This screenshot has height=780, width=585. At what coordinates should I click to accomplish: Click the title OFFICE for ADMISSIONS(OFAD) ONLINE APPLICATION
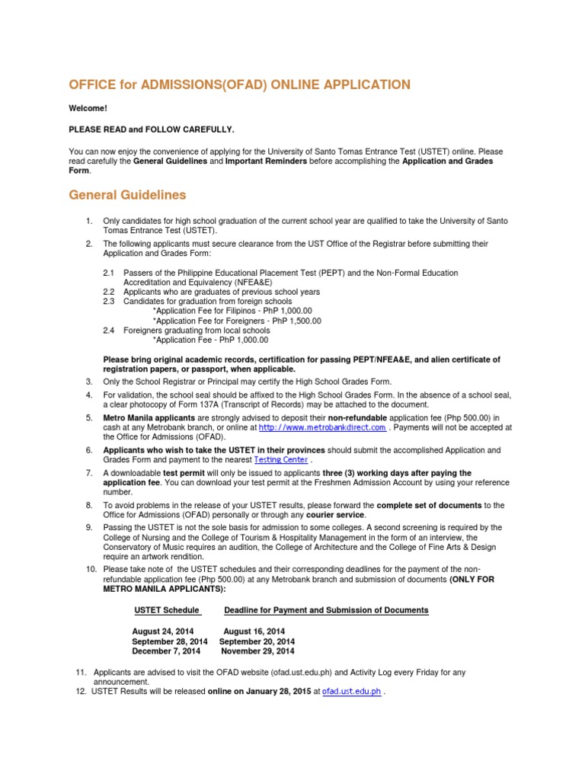tap(240, 85)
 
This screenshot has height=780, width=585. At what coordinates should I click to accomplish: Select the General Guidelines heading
tap(127, 195)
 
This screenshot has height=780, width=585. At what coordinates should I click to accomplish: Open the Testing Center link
tap(281, 460)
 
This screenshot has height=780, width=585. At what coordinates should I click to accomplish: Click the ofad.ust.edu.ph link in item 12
tap(351, 692)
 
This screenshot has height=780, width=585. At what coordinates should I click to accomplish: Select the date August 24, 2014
tap(163, 631)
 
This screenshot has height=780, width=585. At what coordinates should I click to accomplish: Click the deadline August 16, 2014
tap(254, 631)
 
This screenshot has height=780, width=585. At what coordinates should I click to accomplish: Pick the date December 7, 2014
tap(166, 651)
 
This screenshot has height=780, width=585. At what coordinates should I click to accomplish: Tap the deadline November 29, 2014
tap(257, 651)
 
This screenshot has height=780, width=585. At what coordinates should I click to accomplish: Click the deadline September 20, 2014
tap(257, 641)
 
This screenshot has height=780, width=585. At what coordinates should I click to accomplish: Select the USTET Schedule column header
tap(167, 610)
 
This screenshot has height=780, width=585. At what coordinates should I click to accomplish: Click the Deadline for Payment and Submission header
tap(326, 610)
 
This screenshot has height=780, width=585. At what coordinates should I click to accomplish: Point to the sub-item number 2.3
tap(108, 302)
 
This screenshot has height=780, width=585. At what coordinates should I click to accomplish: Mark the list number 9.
tap(89, 527)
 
